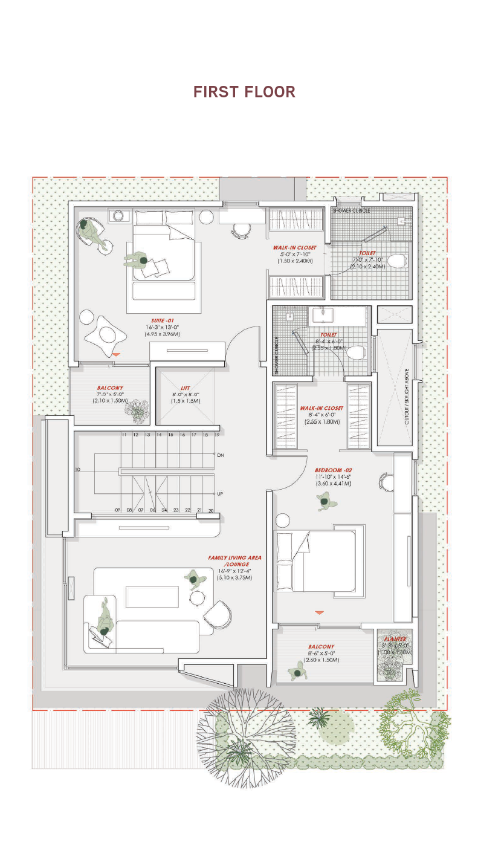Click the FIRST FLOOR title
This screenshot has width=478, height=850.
point(244,92)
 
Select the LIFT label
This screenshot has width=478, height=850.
point(186,388)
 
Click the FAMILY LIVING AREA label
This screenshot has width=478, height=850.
point(234,560)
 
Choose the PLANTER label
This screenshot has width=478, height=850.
point(395,638)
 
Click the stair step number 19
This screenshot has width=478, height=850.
point(216,435)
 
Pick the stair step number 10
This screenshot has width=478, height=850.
point(77,469)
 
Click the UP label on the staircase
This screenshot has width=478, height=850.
point(221,494)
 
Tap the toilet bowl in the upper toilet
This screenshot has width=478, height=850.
point(396,261)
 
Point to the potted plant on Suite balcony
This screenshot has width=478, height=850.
point(137,410)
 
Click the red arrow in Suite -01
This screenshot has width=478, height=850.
point(117,354)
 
